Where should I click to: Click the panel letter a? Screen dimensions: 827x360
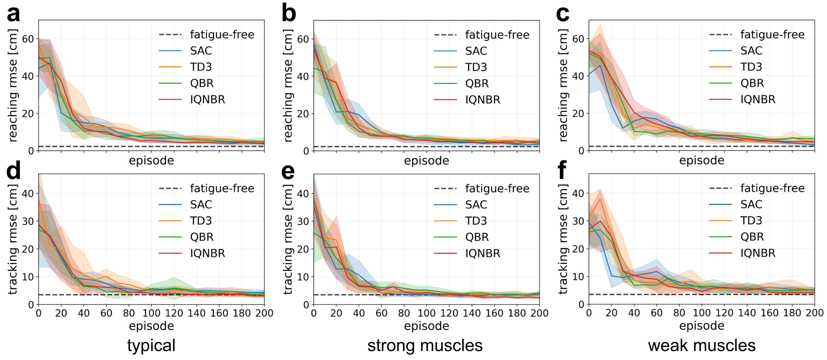tap(13, 14)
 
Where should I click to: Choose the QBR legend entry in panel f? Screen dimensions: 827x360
tap(736, 237)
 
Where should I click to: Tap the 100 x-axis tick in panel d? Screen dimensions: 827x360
tap(151, 313)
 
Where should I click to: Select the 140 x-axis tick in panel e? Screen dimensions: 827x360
tap(471, 313)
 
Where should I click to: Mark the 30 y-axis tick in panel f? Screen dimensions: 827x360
tap(578, 221)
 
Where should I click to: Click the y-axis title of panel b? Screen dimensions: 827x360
tap(288, 85)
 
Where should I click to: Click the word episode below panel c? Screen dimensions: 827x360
tap(701, 160)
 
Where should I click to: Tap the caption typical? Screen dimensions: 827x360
tap(151, 346)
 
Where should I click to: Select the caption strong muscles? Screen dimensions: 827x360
tap(425, 346)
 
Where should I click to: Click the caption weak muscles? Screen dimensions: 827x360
tap(701, 346)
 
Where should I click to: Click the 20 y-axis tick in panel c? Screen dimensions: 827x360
tap(578, 113)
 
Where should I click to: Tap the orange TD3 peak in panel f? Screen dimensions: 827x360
tap(600, 199)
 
